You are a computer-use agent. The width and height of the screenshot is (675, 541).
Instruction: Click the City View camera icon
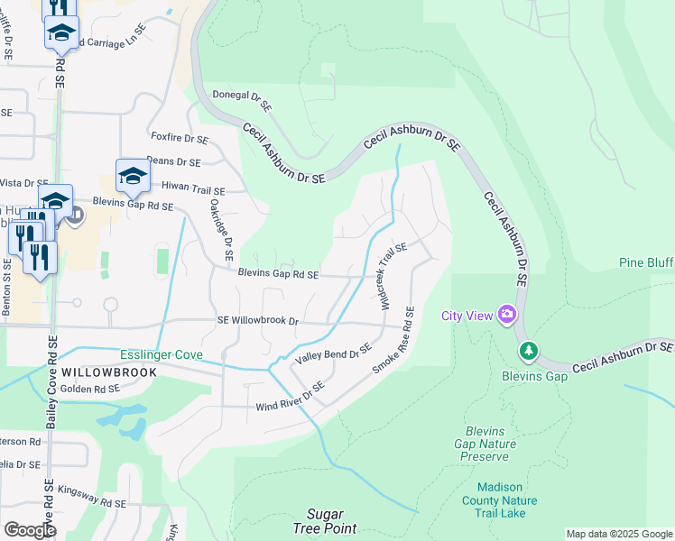point(506,315)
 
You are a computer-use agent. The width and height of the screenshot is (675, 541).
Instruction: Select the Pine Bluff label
point(646,262)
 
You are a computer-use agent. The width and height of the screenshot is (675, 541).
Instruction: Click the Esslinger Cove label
point(161,354)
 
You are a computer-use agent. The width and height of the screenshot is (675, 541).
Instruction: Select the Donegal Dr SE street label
point(242,99)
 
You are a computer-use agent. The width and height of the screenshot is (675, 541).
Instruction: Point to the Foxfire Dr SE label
point(180,139)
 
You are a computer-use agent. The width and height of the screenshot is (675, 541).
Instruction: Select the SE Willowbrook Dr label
point(257,320)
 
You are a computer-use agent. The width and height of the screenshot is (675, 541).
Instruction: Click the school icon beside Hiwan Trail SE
point(133,176)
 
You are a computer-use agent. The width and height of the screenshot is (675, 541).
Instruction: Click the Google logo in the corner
point(30,529)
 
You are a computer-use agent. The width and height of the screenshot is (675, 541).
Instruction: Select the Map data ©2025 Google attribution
point(618,534)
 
